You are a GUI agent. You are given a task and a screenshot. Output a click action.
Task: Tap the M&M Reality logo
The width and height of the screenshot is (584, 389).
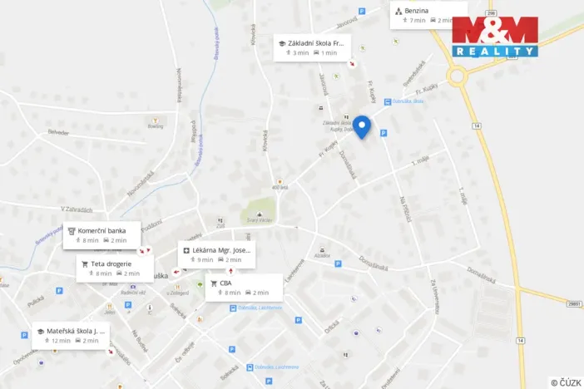(495, 37)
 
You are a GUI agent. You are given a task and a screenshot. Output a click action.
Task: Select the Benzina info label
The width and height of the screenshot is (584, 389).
(428, 14)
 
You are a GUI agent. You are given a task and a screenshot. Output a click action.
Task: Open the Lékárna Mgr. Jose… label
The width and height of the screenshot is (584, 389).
(216, 254)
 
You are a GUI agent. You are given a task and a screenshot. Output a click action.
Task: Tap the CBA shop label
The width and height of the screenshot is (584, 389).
(243, 288)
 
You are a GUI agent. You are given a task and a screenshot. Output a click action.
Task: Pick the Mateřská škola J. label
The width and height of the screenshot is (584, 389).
(73, 335)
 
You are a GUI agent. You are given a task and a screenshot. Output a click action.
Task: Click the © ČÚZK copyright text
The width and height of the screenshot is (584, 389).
(566, 382)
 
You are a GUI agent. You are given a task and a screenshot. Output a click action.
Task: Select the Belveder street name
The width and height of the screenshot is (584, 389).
(58, 132)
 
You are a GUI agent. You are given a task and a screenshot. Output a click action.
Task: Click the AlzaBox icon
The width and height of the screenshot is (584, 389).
(321, 249)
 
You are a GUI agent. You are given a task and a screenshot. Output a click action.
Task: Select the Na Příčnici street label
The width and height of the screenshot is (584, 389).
(405, 208)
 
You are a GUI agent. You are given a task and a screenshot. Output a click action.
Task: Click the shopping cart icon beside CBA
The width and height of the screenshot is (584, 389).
(214, 283)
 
